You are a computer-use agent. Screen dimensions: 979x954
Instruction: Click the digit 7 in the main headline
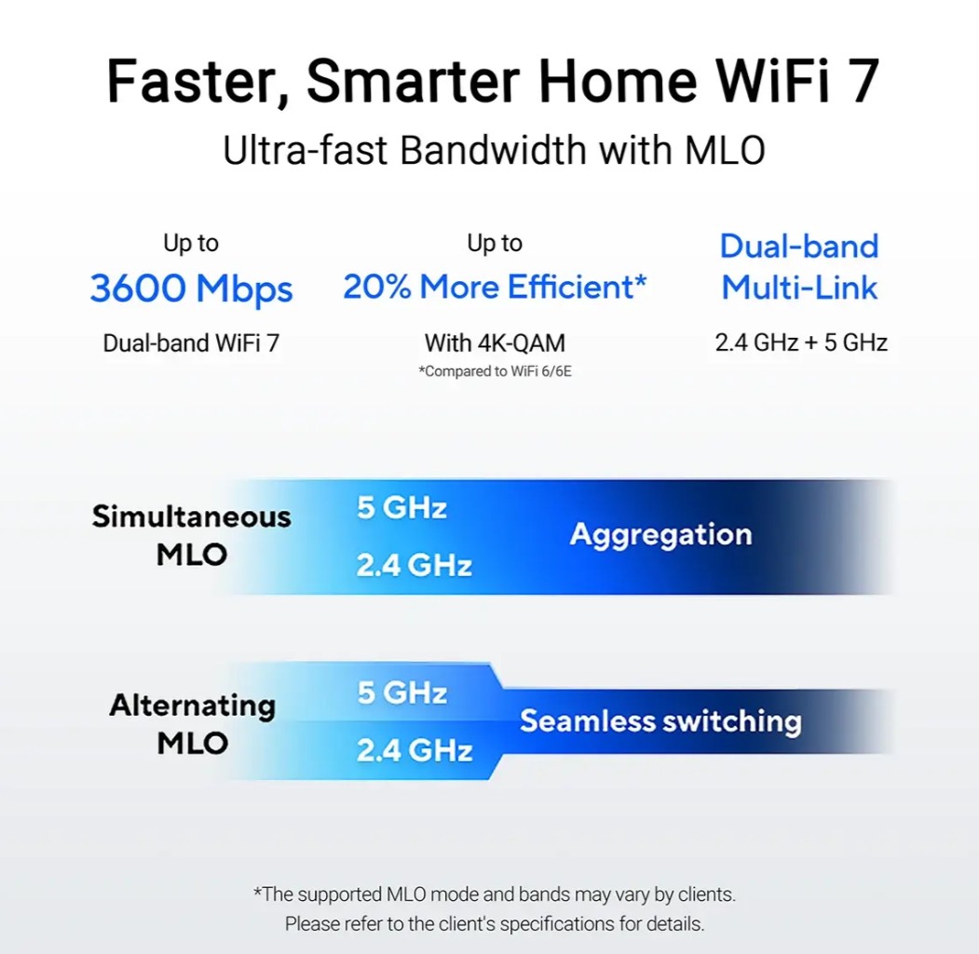coord(862,80)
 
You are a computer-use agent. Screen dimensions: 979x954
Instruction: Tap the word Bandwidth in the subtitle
coord(493,151)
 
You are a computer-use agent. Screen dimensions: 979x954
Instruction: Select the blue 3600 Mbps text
coord(191,289)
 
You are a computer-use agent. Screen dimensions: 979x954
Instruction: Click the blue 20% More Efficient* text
coord(495,287)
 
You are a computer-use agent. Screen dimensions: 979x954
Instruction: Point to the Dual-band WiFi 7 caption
coord(191,343)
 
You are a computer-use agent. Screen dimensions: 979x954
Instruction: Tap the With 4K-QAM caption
coord(495,343)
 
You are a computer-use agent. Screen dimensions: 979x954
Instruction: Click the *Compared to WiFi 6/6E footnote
coord(495,371)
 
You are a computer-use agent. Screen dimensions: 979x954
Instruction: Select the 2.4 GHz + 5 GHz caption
coord(801,343)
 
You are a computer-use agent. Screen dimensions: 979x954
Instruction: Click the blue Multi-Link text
coord(799,288)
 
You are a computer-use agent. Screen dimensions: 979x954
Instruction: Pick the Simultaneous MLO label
coord(192,535)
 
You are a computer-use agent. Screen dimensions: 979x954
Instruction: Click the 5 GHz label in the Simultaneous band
coord(401,507)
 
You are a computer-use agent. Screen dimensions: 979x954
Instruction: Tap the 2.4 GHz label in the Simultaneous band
coord(414,565)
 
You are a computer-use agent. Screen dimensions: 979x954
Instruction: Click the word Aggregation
coord(660,535)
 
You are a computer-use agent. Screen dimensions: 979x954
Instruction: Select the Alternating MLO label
coord(192,724)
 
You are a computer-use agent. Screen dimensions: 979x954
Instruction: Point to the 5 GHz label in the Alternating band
coord(402,692)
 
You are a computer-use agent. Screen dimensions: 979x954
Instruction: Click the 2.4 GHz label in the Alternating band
coord(415,750)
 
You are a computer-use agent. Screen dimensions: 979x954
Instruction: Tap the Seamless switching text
coord(660,720)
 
